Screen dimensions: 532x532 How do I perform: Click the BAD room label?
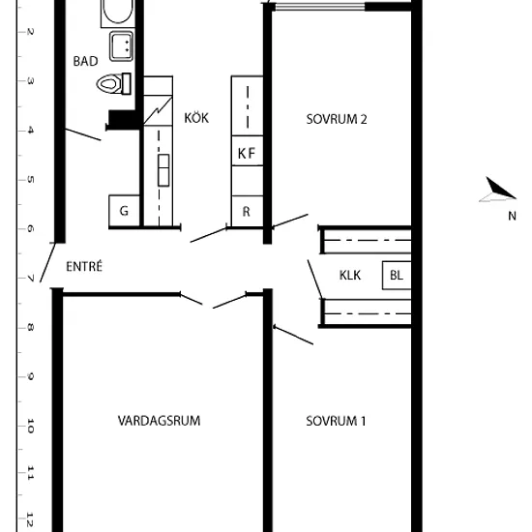click(x=85, y=61)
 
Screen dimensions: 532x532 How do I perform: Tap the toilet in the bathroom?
click(x=114, y=83)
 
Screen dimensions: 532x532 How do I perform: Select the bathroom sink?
click(x=121, y=46)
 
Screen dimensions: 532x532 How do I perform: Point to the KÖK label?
click(x=196, y=118)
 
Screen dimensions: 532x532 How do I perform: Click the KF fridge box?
click(x=247, y=151)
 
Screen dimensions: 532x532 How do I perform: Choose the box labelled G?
click(x=124, y=210)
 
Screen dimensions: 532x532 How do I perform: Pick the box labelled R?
click(x=247, y=211)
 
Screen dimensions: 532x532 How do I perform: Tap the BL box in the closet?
click(x=397, y=275)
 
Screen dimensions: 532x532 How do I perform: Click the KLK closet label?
click(x=350, y=275)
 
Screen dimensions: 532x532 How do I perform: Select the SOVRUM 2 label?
click(x=337, y=119)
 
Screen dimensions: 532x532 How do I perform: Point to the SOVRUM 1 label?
click(x=336, y=421)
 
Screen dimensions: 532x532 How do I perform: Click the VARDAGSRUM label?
click(x=160, y=421)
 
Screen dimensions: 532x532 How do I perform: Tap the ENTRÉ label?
click(x=84, y=266)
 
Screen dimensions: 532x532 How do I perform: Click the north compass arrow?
click(x=498, y=190)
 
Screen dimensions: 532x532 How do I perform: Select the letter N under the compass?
click(x=513, y=216)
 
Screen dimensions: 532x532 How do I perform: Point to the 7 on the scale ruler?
click(x=30, y=279)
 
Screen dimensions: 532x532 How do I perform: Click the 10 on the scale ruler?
click(x=30, y=427)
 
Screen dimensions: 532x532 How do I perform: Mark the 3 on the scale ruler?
click(x=30, y=81)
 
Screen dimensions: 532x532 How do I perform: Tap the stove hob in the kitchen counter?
click(x=163, y=170)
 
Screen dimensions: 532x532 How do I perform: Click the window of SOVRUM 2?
click(x=319, y=7)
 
